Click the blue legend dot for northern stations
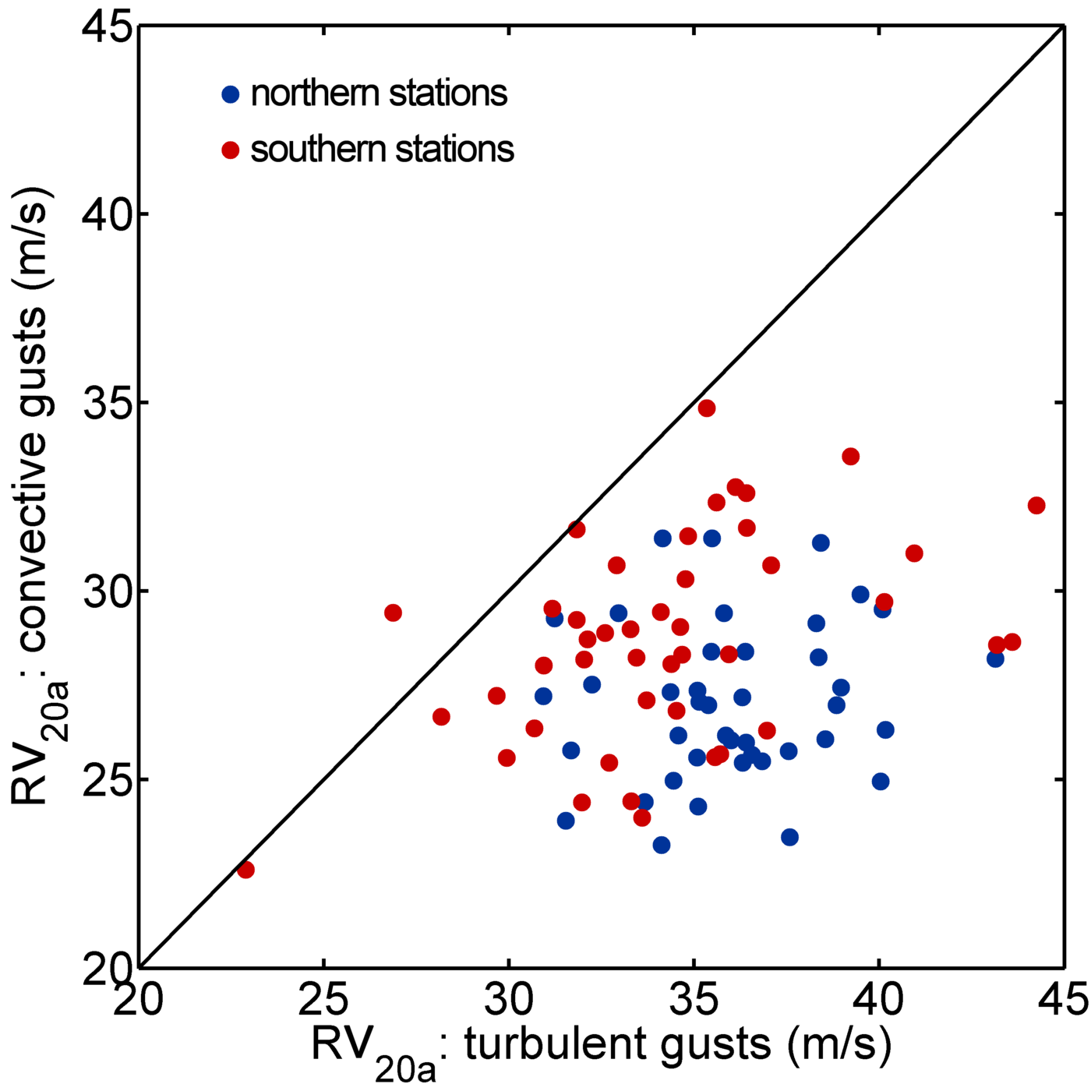click(x=231, y=94)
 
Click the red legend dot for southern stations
click(x=231, y=150)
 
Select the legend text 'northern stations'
click(x=379, y=94)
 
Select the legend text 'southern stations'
click(x=382, y=149)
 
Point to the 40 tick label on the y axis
click(x=107, y=214)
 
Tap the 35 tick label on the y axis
click(x=107, y=403)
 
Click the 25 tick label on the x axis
click(x=323, y=999)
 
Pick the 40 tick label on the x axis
click(x=879, y=999)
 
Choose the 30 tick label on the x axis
click(x=509, y=999)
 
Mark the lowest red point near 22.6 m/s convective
click(x=245, y=870)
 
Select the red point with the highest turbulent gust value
click(x=1036, y=506)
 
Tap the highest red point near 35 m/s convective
click(x=707, y=408)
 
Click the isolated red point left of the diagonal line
click(x=393, y=613)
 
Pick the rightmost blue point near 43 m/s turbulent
click(x=995, y=658)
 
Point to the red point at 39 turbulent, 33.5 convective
click(x=850, y=457)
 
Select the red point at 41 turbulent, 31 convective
click(x=914, y=553)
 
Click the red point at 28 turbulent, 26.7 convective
click(x=441, y=717)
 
